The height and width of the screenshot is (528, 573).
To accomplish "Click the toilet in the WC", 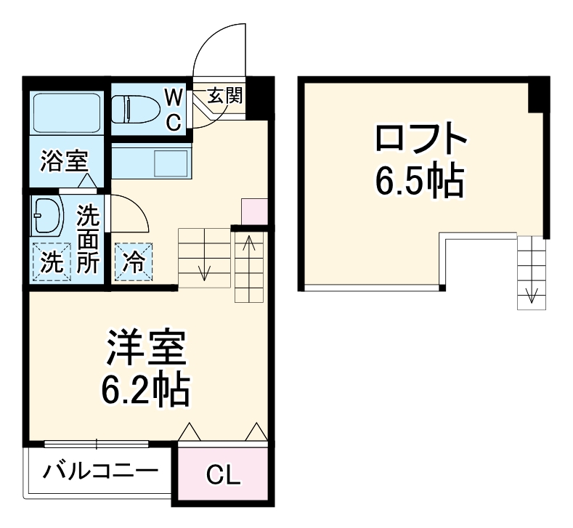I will (139, 109).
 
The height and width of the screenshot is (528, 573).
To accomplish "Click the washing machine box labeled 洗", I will (50, 261).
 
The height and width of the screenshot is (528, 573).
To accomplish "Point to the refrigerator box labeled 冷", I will (134, 261).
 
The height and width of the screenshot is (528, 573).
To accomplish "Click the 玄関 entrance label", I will (225, 95).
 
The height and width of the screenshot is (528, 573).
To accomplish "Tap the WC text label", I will (173, 108).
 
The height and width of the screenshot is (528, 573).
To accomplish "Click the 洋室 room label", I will (147, 349).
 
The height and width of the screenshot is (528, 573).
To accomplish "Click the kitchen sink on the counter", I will (173, 161).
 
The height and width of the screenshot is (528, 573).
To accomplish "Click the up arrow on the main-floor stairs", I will (249, 243).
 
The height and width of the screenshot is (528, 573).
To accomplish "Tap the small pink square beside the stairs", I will (253, 211).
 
